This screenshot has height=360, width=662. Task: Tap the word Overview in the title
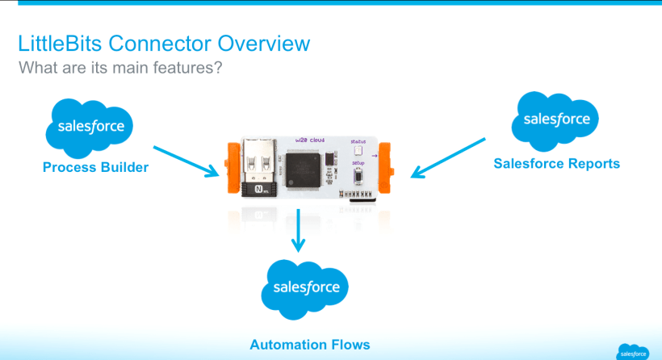(x=263, y=43)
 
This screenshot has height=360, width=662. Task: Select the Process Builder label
(x=96, y=168)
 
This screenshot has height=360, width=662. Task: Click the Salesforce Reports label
(x=556, y=163)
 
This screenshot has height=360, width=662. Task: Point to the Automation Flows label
(x=310, y=345)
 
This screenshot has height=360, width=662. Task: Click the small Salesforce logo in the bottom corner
(x=633, y=352)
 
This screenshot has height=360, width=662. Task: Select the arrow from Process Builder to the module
(x=186, y=159)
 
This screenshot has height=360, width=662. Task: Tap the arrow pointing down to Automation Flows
(x=300, y=229)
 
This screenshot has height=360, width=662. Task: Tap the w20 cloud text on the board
(x=304, y=141)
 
